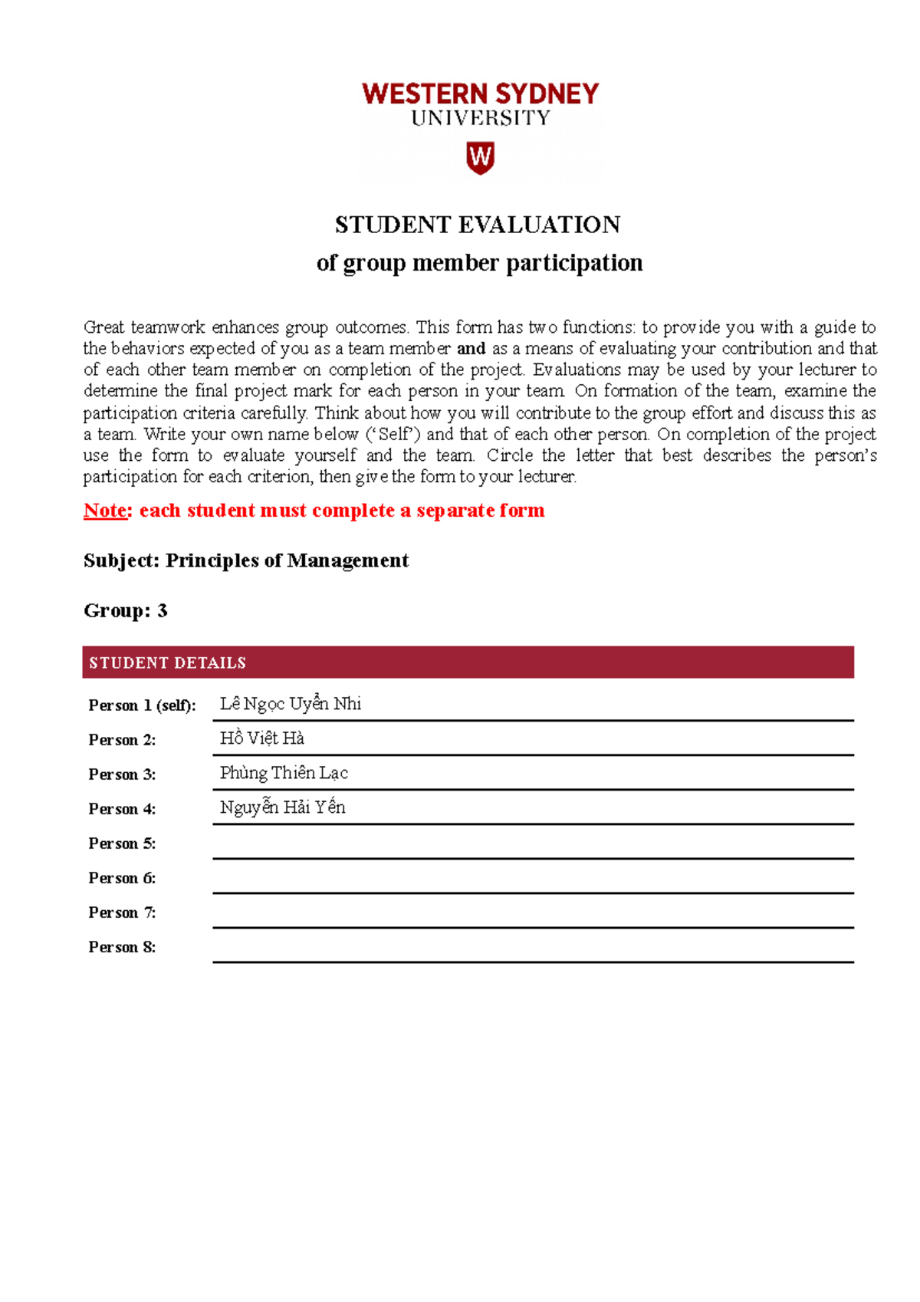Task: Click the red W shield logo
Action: coord(480,157)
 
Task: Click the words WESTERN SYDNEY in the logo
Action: coord(480,94)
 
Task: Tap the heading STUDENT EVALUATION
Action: coord(478,225)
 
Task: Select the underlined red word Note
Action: coord(106,511)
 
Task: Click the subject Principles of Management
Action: coord(287,561)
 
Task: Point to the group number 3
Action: coord(162,610)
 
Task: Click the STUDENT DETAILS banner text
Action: coord(167,663)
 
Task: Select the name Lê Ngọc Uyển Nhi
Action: coord(290,704)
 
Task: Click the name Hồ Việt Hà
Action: coord(261,738)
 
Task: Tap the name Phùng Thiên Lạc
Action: coord(284,773)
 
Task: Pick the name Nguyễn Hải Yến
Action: coord(282,807)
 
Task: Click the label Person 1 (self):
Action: coord(142,705)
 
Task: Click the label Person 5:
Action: coord(122,843)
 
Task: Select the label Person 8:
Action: coord(122,947)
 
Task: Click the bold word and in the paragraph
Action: coord(471,349)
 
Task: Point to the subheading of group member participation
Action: coord(479,263)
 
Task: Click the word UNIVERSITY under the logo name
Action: coord(481,118)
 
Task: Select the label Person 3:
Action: coord(122,774)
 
